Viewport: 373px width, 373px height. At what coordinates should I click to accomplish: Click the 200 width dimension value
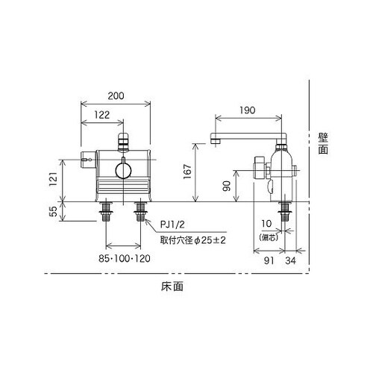[116, 96]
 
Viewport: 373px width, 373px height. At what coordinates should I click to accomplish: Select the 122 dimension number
[102, 115]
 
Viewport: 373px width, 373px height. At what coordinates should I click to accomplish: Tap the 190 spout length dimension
[248, 110]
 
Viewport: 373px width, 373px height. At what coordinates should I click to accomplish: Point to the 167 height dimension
[187, 172]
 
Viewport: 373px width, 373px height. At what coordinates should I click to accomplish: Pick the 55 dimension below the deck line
[53, 212]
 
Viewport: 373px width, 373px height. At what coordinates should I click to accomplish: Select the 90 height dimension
[227, 186]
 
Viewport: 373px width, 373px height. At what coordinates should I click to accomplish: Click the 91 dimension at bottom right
[269, 260]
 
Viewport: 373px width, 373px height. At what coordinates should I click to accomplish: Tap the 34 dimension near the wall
[291, 260]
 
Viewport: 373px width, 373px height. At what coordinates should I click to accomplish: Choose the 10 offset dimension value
[266, 224]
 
